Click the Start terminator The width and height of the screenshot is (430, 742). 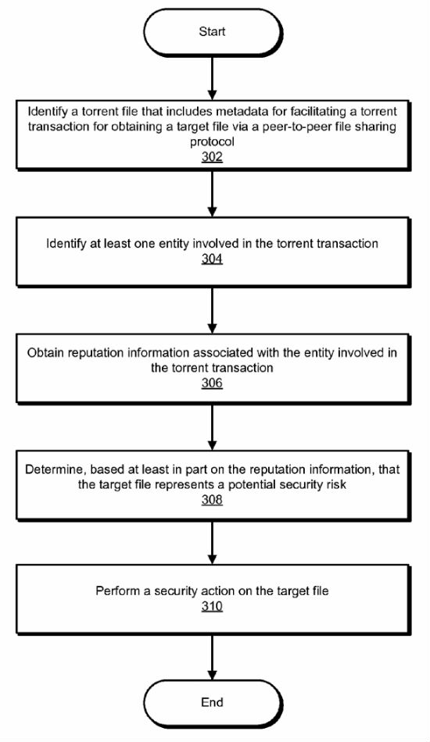click(x=213, y=32)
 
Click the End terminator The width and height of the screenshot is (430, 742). click(x=213, y=702)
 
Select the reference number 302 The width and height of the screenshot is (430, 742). click(x=212, y=157)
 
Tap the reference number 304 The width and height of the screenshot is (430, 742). click(x=212, y=259)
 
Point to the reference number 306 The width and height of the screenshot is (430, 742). click(x=212, y=383)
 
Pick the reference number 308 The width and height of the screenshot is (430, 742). click(x=212, y=500)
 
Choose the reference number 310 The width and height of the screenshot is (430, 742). click(x=212, y=606)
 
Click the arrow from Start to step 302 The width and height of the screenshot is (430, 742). click(x=213, y=77)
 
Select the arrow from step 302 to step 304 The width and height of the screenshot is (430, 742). click(x=213, y=193)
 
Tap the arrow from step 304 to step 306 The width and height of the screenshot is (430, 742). click(x=213, y=310)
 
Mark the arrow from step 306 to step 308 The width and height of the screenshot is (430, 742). click(x=213, y=426)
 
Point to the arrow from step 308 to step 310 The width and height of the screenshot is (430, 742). click(x=213, y=542)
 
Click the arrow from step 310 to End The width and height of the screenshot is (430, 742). click(x=213, y=657)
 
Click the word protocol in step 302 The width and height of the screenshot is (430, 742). click(x=212, y=142)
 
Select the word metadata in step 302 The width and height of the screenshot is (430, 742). click(x=255, y=112)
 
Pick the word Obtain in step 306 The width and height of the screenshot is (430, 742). click(x=45, y=353)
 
